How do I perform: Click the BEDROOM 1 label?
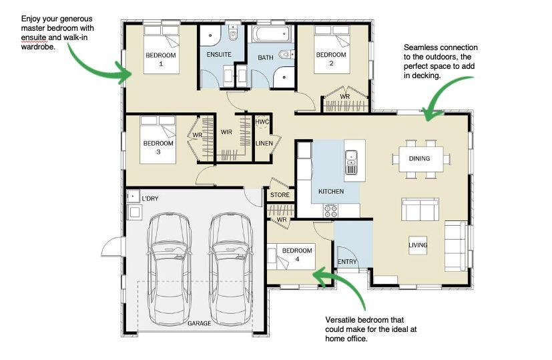(161, 59)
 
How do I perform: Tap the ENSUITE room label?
(219, 55)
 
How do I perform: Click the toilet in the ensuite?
(233, 34)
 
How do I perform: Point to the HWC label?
(262, 122)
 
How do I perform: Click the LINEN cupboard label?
(264, 144)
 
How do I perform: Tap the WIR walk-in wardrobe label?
(226, 132)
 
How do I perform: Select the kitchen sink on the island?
(351, 162)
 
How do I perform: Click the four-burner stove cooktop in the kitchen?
(331, 210)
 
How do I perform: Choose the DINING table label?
(419, 158)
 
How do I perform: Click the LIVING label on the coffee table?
(418, 245)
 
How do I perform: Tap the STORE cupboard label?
(280, 195)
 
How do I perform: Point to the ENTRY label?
(347, 262)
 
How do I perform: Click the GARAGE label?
(200, 323)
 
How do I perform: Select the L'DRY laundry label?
(150, 198)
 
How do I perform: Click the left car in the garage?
(170, 269)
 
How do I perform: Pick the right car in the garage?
(231, 269)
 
